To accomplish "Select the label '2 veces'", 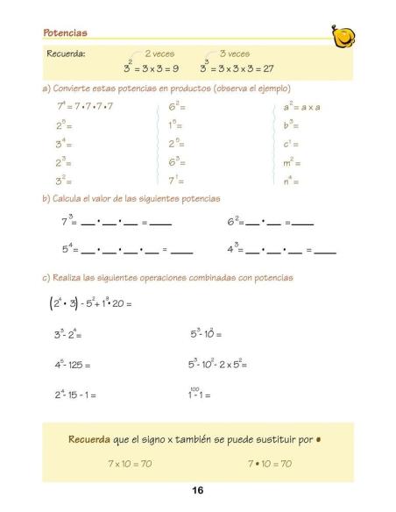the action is [x=160, y=53].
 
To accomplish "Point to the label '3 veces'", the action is [x=234, y=53].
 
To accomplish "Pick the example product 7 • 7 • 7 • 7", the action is [x=95, y=107].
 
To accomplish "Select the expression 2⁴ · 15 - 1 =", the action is [x=75, y=395].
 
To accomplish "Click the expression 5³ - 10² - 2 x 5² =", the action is [x=218, y=365].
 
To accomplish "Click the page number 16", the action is [x=198, y=491].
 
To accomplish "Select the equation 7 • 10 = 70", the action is [x=270, y=463].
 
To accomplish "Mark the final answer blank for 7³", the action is [x=160, y=225].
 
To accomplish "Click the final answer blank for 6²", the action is [x=302, y=225].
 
